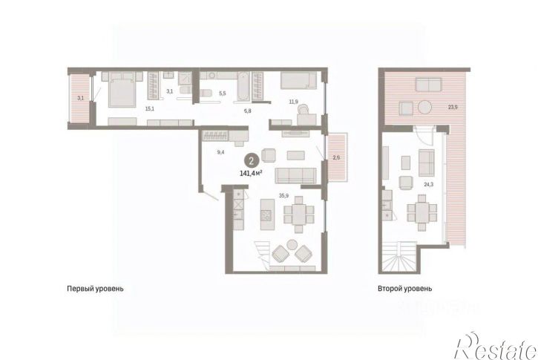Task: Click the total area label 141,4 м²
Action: [x=251, y=173]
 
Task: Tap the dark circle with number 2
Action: [x=252, y=161]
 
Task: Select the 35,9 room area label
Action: [x=283, y=196]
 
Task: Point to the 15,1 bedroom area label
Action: [x=150, y=109]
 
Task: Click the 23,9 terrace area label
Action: [x=453, y=107]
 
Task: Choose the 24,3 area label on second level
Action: [x=429, y=184]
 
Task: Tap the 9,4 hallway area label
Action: [x=220, y=152]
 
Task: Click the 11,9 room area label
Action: [x=293, y=102]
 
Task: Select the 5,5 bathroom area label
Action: [x=223, y=93]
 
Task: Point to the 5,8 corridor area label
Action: [x=247, y=111]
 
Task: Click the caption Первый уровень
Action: [x=95, y=289]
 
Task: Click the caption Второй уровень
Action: [x=405, y=289]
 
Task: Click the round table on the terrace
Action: [x=424, y=108]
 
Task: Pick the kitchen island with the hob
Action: [x=267, y=215]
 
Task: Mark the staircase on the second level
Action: [x=399, y=258]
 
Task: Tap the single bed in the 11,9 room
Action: [x=298, y=80]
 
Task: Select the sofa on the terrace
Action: [x=428, y=85]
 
